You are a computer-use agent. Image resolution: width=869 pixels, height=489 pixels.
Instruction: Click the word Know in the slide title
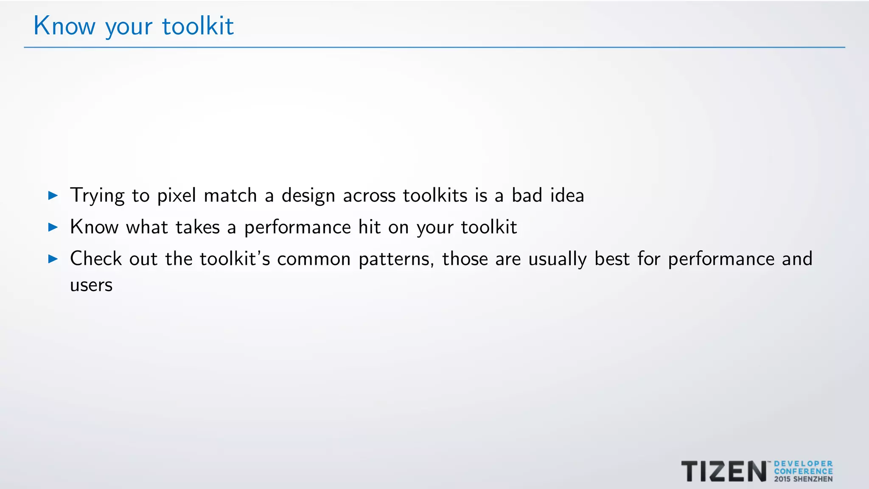click(64, 26)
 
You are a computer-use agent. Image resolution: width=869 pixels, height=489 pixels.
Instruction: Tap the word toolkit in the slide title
click(198, 26)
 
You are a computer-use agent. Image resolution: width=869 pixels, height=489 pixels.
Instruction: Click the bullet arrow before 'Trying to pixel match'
click(53, 196)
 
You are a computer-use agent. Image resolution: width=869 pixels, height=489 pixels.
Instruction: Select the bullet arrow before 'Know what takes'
click(53, 227)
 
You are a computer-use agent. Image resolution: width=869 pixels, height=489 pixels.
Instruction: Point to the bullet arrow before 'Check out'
click(53, 259)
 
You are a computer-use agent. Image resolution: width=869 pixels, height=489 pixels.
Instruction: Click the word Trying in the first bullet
click(97, 196)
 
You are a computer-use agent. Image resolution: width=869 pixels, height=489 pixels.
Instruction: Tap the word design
click(308, 196)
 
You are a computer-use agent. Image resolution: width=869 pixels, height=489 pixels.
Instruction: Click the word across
click(369, 196)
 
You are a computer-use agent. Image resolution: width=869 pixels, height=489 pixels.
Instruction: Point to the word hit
click(369, 227)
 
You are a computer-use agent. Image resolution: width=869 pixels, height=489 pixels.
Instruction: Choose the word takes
click(198, 227)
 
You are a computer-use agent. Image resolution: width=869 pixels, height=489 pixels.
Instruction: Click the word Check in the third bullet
click(96, 259)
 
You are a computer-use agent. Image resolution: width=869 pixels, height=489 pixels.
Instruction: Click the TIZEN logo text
click(724, 472)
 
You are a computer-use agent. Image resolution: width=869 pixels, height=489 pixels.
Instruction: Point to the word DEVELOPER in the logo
click(803, 464)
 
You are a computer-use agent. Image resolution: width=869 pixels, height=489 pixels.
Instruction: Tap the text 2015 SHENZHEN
click(803, 479)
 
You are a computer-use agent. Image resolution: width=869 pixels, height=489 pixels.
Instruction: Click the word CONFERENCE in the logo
click(803, 472)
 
